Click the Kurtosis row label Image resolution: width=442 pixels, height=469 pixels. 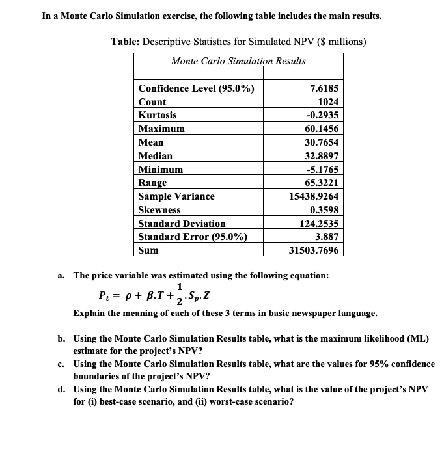158,115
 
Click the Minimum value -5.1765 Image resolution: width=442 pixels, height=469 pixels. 323,170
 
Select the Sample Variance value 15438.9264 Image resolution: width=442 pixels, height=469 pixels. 314,196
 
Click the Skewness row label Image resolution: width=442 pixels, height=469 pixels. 160,210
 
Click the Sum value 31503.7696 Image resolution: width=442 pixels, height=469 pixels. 314,250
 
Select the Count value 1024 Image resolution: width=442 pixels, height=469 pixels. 328,102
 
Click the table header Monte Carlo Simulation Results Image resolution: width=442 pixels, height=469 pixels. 238,61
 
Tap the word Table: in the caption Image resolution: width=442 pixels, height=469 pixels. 128,42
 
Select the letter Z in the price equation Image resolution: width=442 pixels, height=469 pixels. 209,299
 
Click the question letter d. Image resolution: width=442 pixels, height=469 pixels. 61,389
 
